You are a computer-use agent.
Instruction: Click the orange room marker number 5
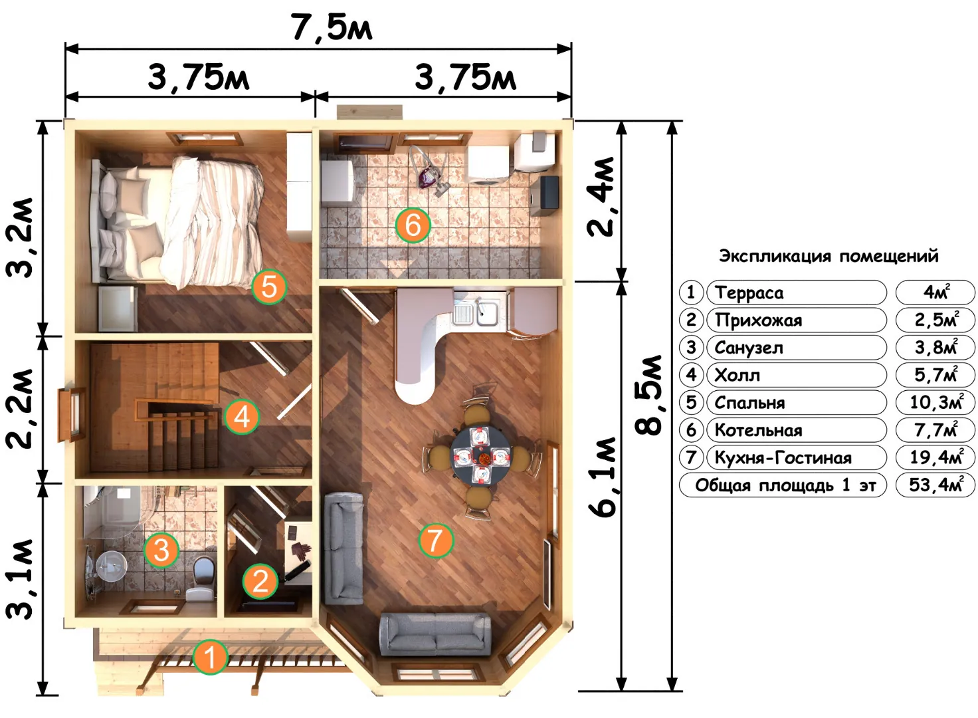click(269, 287)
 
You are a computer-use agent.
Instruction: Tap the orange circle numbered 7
click(436, 540)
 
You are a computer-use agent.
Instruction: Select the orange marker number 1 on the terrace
click(211, 657)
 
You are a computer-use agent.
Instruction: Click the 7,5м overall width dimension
click(332, 27)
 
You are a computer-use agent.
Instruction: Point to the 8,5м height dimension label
click(648, 396)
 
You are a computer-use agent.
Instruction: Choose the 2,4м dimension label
click(601, 197)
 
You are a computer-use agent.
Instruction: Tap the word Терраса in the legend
click(749, 293)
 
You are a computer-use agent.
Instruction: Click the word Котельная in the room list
click(758, 430)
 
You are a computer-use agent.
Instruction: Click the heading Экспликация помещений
click(829, 256)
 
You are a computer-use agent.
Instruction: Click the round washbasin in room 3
click(111, 566)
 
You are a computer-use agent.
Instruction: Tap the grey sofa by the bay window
click(435, 634)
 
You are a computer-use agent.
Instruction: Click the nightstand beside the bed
click(118, 308)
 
